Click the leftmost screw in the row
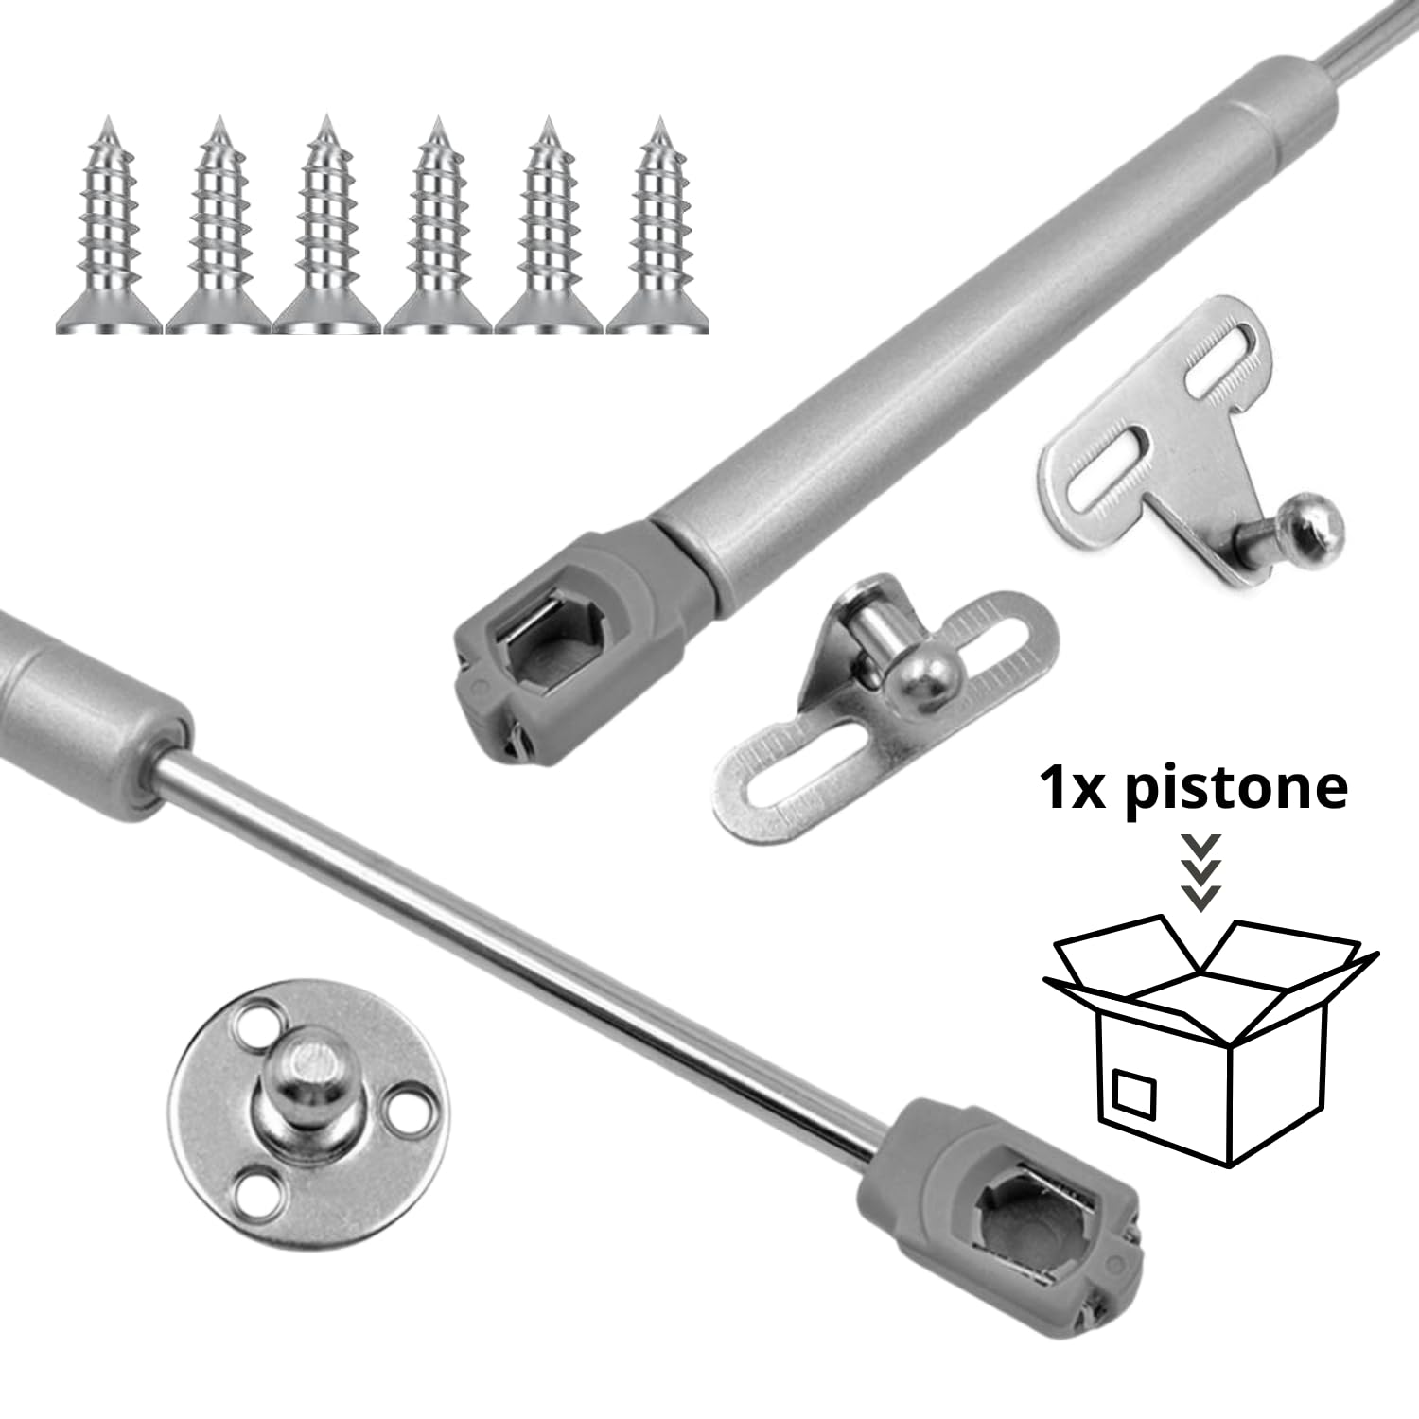(111, 232)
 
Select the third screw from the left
(326, 232)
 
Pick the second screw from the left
(219, 232)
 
